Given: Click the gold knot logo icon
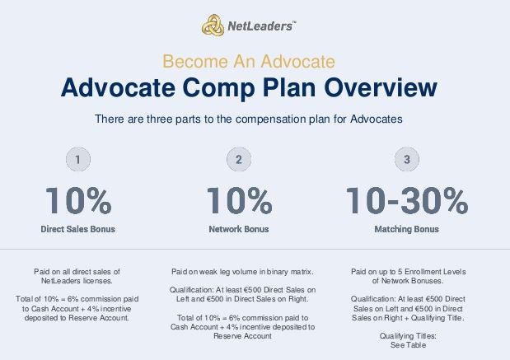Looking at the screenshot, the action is click(213, 25).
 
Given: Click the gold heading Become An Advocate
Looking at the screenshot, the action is click(249, 61).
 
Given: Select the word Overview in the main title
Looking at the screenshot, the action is click(380, 87).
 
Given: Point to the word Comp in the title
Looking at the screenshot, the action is click(218, 88).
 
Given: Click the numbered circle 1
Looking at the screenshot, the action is click(78, 159).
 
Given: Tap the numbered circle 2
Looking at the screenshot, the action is click(239, 159).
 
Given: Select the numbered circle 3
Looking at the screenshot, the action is click(406, 159).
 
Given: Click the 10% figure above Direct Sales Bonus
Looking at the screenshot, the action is click(78, 201).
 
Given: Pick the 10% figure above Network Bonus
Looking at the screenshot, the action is click(240, 201).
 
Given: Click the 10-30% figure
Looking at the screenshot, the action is click(406, 201).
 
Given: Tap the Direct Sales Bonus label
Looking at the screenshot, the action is click(78, 229).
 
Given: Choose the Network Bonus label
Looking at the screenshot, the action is click(239, 229).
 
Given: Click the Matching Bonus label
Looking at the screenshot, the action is click(406, 229).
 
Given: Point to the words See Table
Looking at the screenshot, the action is click(408, 345).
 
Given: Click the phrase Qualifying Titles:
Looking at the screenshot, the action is click(408, 336).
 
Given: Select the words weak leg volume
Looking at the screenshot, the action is click(229, 272).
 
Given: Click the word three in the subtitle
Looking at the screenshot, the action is click(159, 119).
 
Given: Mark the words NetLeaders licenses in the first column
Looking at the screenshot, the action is click(77, 281).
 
